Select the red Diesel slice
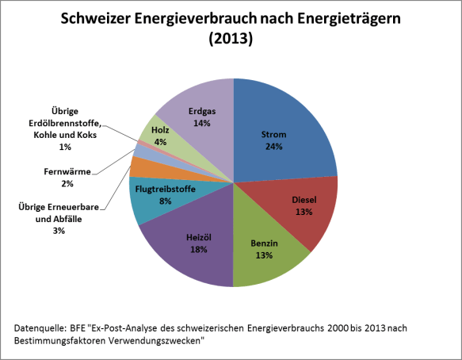tap(297, 210)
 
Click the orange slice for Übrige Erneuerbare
tap(136, 167)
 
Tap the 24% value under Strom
tap(274, 146)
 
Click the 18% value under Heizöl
tap(198, 249)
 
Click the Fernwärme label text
tap(67, 170)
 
